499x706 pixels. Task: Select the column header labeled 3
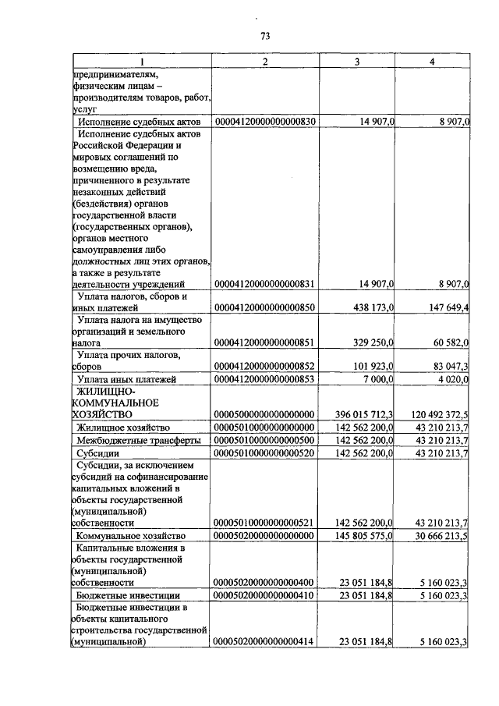coord(357,61)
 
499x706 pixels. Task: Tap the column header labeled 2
coord(264,61)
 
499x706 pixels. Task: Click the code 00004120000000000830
coord(264,122)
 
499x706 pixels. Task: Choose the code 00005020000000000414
coord(264,642)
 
